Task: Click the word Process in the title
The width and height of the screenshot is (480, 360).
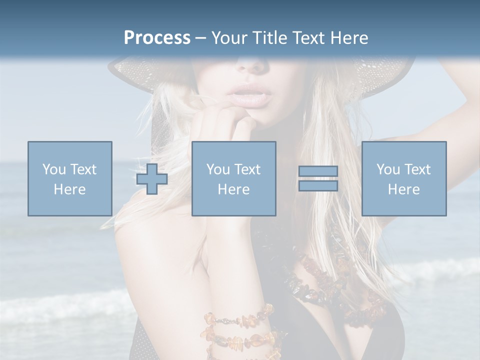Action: [157, 37]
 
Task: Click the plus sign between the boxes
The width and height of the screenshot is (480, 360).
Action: [152, 178]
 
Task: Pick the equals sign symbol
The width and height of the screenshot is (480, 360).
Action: [318, 178]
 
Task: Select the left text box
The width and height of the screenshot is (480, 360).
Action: [69, 178]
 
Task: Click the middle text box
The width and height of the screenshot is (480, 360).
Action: [233, 178]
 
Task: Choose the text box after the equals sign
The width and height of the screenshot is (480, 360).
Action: [403, 178]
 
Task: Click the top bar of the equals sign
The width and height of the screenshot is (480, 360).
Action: [318, 171]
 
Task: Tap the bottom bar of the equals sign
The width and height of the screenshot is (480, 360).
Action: [318, 185]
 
